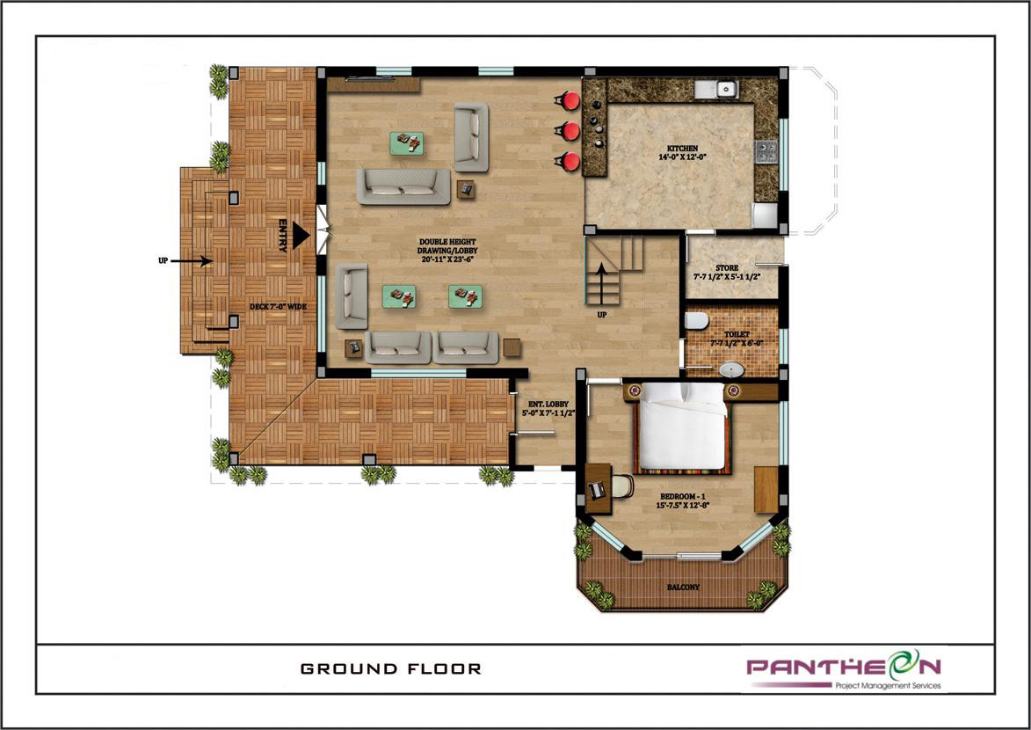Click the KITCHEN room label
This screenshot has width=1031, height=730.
click(683, 153)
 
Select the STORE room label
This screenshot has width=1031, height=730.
click(727, 272)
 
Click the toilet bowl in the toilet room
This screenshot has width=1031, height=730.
click(696, 320)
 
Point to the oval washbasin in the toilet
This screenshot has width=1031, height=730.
click(731, 369)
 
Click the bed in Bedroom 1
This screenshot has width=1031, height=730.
click(683, 426)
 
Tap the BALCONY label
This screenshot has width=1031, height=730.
click(683, 587)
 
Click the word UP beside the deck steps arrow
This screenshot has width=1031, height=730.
click(163, 260)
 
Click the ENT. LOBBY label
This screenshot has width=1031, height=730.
click(548, 408)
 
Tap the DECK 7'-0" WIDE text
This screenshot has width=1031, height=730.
click(278, 307)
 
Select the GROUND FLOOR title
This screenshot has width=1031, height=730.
click(391, 668)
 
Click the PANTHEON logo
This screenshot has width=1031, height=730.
click(845, 666)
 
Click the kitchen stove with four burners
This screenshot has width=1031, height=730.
click(766, 151)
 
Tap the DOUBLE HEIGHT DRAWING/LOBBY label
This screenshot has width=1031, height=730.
click(447, 250)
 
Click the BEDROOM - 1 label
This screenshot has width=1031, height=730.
click(683, 500)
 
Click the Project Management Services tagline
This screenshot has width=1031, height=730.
click(888, 685)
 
